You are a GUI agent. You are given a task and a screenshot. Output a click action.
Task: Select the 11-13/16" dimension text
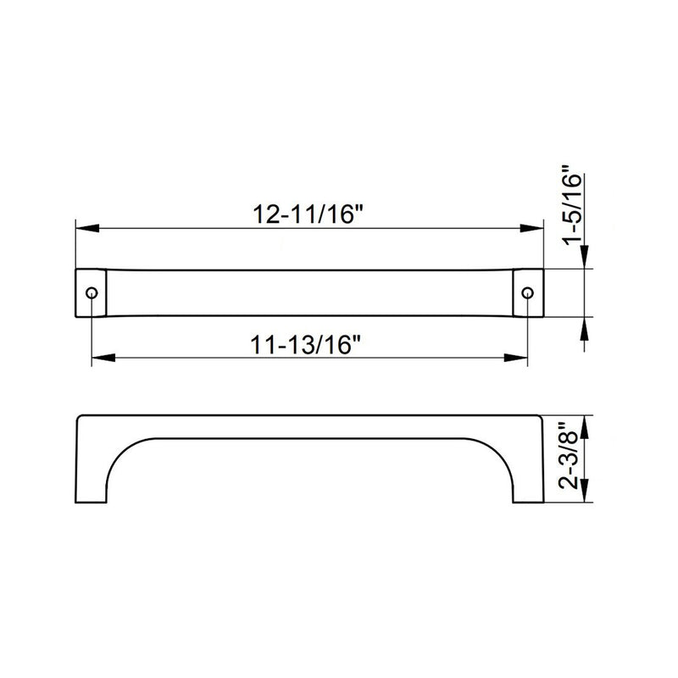[307, 345]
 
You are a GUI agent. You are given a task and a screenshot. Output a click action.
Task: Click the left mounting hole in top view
[91, 292]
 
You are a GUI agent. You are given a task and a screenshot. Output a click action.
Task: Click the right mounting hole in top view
[527, 292]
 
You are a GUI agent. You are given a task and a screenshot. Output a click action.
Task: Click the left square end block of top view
[91, 292]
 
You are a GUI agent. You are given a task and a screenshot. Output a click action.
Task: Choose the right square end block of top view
[528, 292]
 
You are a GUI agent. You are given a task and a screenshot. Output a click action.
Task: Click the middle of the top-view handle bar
[309, 292]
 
